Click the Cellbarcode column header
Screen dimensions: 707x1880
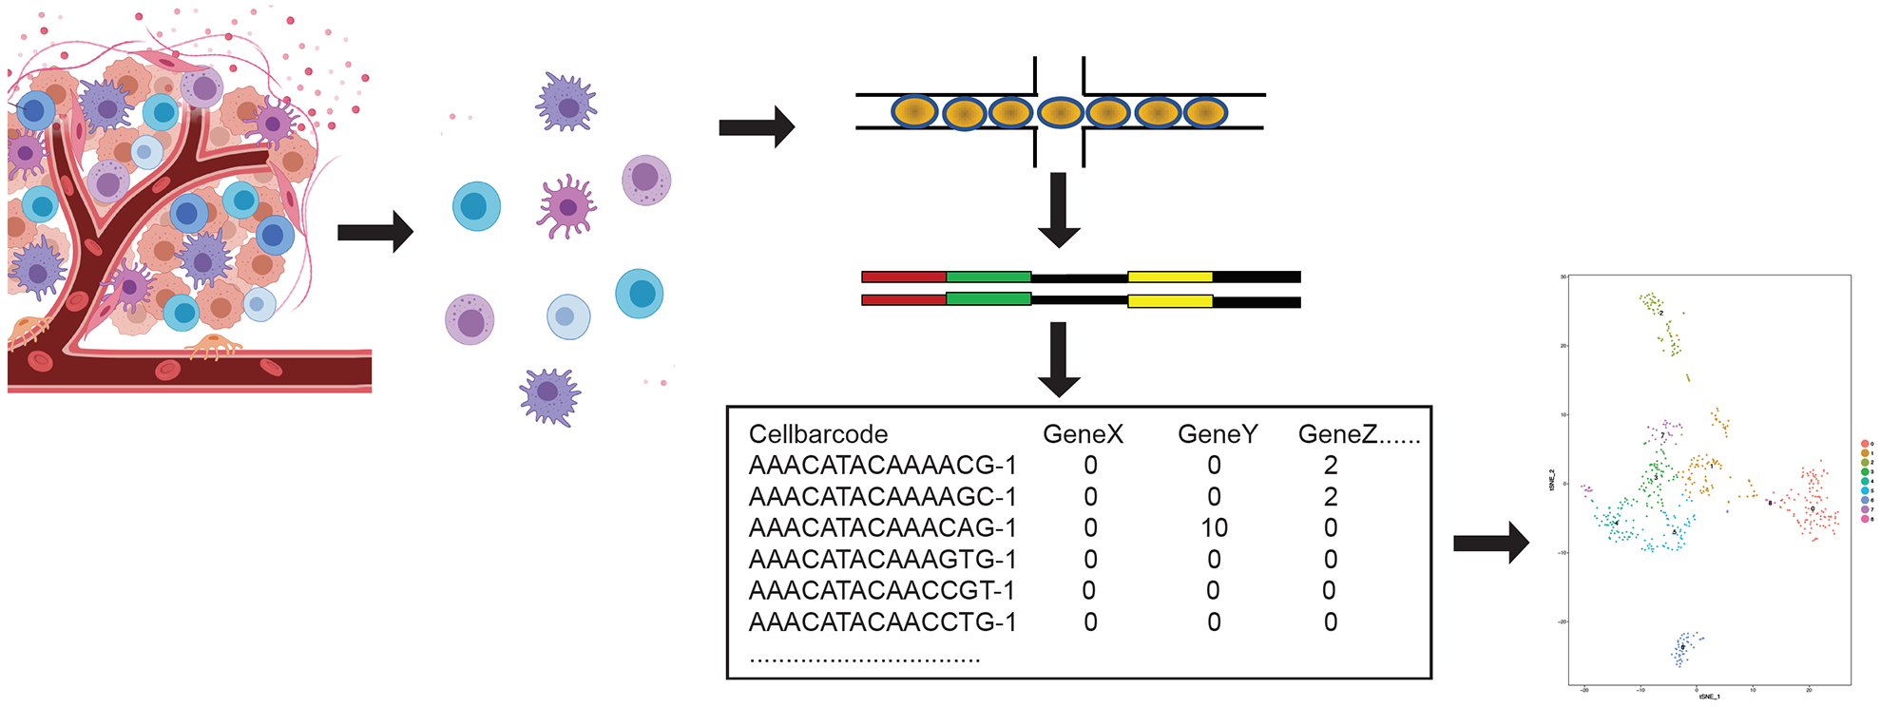pyautogui.click(x=817, y=434)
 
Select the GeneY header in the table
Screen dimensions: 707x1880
pyautogui.click(x=1217, y=434)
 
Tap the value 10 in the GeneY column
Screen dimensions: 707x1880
pyautogui.click(x=1214, y=527)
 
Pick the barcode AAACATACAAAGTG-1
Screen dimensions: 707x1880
pyautogui.click(x=882, y=559)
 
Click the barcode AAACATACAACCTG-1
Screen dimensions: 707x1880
pyautogui.click(x=882, y=621)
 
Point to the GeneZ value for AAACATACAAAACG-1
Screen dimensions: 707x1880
pyautogui.click(x=1330, y=466)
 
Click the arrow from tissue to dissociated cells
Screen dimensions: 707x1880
pyautogui.click(x=374, y=232)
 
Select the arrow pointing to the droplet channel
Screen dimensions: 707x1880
pyautogui.click(x=756, y=127)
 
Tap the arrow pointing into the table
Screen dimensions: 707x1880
pyautogui.click(x=1059, y=358)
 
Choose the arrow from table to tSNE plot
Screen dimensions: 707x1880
pyautogui.click(x=1490, y=544)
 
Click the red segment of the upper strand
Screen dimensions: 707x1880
pyautogui.click(x=903, y=277)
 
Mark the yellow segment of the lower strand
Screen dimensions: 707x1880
pyautogui.click(x=1169, y=301)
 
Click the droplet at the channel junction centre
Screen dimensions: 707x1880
pyautogui.click(x=1060, y=113)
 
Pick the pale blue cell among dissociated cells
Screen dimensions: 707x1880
pyautogui.click(x=568, y=316)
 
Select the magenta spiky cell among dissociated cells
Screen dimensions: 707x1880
pyautogui.click(x=566, y=206)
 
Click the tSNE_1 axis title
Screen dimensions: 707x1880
pyautogui.click(x=1709, y=697)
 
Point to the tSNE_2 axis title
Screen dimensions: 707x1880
pyautogui.click(x=1551, y=480)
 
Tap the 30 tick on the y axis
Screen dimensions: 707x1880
pyautogui.click(x=1563, y=277)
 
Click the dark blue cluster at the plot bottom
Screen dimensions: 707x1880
pyautogui.click(x=1684, y=648)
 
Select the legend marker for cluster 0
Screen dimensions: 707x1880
pyautogui.click(x=1865, y=444)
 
